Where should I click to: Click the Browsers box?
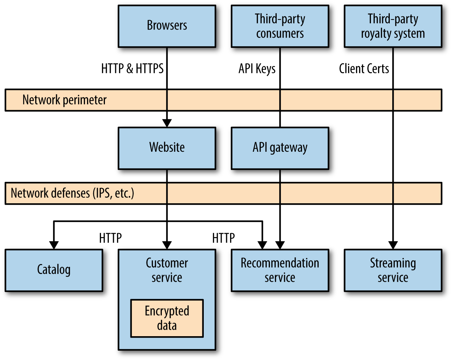click(x=167, y=26)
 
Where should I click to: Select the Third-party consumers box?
click(x=280, y=26)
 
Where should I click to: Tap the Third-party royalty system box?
click(x=393, y=26)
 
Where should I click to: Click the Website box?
click(x=167, y=148)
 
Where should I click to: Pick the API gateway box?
click(x=280, y=148)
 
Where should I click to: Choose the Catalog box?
click(x=54, y=270)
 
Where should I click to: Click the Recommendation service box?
click(x=280, y=270)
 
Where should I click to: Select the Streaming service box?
click(x=393, y=270)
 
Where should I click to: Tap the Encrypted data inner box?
click(x=167, y=318)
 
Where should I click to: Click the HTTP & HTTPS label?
click(x=132, y=69)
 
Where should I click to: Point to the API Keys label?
click(x=257, y=69)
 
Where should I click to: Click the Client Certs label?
click(x=364, y=69)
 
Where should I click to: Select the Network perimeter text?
click(x=64, y=100)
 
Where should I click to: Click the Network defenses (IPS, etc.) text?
click(x=73, y=193)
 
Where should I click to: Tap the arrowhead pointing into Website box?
click(x=167, y=123)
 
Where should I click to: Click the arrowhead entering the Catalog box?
click(x=54, y=245)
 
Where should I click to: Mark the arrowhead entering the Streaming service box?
click(x=393, y=245)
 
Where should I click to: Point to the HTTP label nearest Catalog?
click(x=110, y=238)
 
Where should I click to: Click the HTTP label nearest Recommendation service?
click(x=223, y=238)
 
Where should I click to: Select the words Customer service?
click(x=167, y=270)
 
